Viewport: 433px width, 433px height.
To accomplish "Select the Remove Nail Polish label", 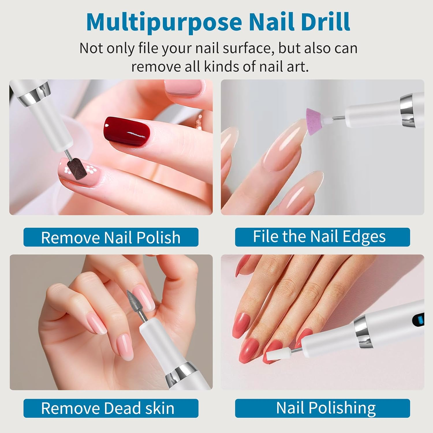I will (x=111, y=237).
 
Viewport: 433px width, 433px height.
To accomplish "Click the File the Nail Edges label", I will (x=322, y=237).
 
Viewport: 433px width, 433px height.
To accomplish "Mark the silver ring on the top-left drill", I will (x=34, y=93).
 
